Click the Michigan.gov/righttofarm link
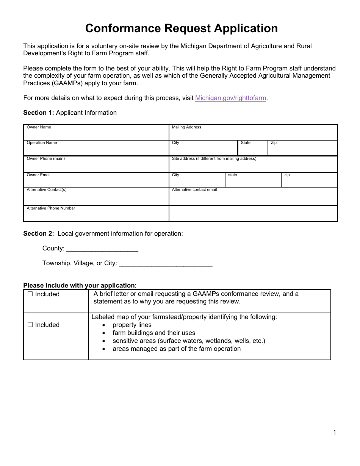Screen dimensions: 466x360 click(x=230, y=98)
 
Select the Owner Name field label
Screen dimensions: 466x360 click(x=39, y=127)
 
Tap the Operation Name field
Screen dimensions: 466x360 click(x=96, y=150)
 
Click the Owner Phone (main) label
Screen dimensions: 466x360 click(x=45, y=159)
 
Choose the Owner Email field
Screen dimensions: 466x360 click(x=96, y=181)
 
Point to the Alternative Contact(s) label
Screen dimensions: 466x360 click(x=46, y=190)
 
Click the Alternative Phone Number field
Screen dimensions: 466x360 click(x=96, y=216)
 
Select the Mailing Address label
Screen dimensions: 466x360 click(x=186, y=127)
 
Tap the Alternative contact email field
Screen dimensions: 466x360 click(x=253, y=198)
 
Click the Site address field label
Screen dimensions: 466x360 click(x=214, y=159)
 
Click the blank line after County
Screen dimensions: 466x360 click(x=102, y=249)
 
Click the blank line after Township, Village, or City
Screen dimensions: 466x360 click(x=165, y=264)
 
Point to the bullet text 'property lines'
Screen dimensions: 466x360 click(x=132, y=325)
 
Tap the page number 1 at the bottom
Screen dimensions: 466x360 click(x=335, y=433)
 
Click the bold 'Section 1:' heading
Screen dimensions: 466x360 click(x=39, y=113)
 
